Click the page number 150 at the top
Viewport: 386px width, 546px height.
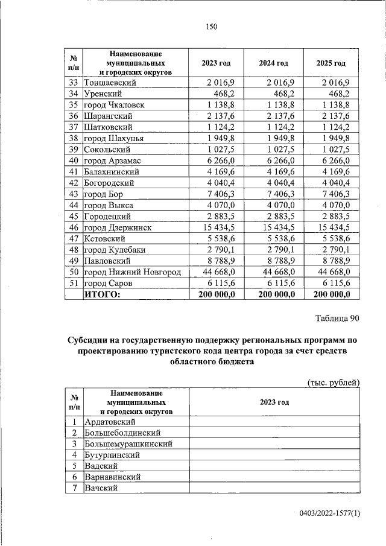coord(210,26)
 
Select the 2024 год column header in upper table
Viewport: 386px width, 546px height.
coord(273,63)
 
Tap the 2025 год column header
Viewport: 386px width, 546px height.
coord(331,63)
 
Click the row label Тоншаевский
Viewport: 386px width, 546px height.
coord(110,83)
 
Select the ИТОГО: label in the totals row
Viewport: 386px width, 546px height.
coord(102,294)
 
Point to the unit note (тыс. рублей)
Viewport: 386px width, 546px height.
coord(334,382)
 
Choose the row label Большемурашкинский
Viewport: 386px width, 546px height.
coord(129,443)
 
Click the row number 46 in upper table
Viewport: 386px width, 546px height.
coord(74,227)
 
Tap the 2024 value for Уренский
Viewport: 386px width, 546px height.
coord(282,94)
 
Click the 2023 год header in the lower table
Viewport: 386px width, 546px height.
coord(274,402)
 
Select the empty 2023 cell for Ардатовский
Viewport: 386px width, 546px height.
coord(274,421)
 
